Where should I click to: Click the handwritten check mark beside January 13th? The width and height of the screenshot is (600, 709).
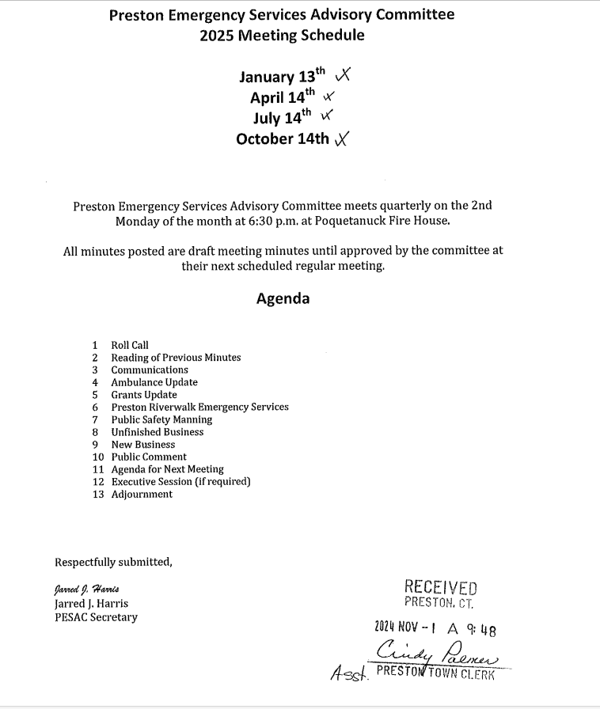pyautogui.click(x=344, y=76)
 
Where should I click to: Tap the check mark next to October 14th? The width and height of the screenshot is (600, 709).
pyautogui.click(x=342, y=139)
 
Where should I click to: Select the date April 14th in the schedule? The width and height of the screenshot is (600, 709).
pyautogui.click(x=282, y=97)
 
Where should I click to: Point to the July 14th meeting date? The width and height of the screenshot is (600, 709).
pyautogui.click(x=283, y=118)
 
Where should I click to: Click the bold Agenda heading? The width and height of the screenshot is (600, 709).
pyautogui.click(x=283, y=299)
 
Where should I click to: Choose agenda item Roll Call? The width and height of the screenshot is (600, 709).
pyautogui.click(x=130, y=345)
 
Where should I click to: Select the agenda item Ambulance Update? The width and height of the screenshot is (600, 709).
pyautogui.click(x=154, y=382)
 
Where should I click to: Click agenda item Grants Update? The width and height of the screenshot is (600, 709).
pyautogui.click(x=144, y=395)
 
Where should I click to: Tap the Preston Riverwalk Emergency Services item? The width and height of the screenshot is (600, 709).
pyautogui.click(x=199, y=407)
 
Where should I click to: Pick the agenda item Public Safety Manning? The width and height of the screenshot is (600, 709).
pyautogui.click(x=161, y=419)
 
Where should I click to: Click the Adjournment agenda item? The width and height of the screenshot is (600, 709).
pyautogui.click(x=142, y=494)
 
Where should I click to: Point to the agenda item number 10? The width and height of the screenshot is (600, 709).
pyautogui.click(x=98, y=457)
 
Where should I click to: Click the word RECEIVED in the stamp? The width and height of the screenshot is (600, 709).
pyautogui.click(x=441, y=587)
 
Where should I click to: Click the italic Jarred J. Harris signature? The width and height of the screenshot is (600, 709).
pyautogui.click(x=87, y=590)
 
